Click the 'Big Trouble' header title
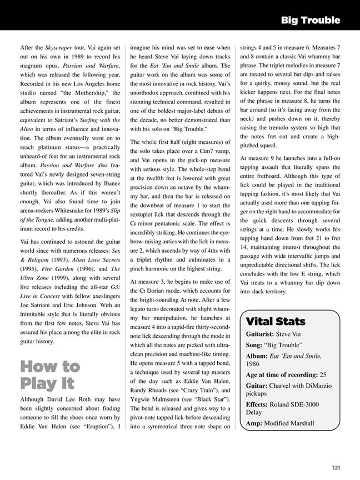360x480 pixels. pos(310,21)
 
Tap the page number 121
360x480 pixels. pos(336,468)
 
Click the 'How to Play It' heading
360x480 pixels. pos(50,375)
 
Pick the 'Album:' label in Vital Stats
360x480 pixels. pos(258,356)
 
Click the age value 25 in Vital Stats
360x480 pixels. pos(323,375)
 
